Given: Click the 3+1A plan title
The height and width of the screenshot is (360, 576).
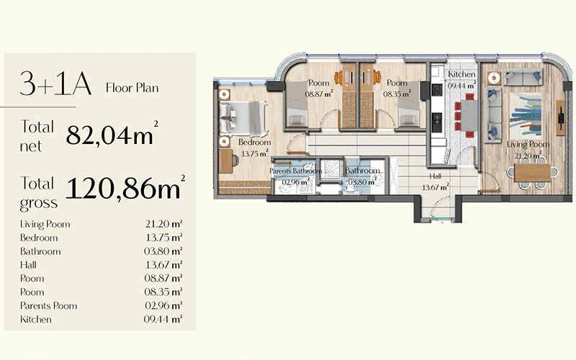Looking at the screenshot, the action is (x=55, y=84).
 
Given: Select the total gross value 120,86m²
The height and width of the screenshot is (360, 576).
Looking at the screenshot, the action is (x=125, y=187).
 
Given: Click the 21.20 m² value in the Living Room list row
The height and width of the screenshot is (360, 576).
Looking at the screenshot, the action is (x=163, y=224).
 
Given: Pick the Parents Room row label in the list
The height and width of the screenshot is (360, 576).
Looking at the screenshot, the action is (x=48, y=305).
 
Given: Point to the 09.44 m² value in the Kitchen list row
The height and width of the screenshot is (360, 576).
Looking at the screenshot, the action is (x=163, y=319).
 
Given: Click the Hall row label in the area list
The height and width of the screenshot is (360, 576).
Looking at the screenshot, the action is (x=28, y=265).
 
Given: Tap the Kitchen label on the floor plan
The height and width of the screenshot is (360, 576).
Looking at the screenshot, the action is (x=462, y=74).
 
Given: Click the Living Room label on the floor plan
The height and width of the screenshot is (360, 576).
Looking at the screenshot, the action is (x=528, y=145).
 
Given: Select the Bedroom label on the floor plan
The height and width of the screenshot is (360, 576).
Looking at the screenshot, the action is (x=255, y=142).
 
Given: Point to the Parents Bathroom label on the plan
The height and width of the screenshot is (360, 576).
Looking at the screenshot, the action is (x=295, y=171).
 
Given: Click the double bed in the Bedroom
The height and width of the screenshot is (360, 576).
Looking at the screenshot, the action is (x=243, y=118).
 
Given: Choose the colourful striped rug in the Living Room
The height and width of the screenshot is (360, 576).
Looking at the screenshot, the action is (x=526, y=115).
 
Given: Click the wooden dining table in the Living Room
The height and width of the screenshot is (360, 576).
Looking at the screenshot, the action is (x=532, y=172).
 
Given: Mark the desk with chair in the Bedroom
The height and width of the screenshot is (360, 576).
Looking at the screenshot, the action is (x=229, y=161).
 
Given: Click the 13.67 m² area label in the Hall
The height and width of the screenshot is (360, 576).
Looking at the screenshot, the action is (x=436, y=187).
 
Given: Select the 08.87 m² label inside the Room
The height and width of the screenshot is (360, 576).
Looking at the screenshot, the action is (x=319, y=94).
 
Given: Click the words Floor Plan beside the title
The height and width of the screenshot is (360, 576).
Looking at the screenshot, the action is (x=132, y=88).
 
